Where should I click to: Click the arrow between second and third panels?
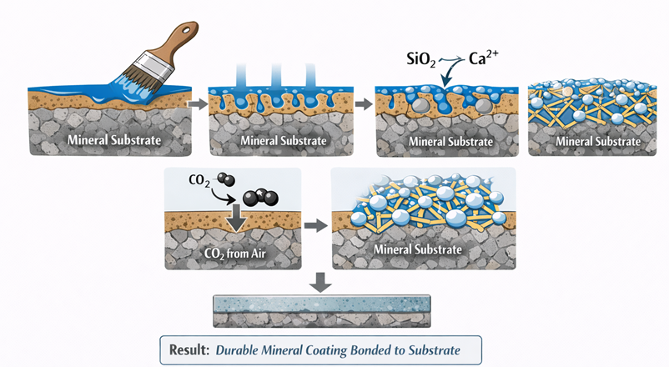click(x=365, y=104)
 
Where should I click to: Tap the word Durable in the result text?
click(x=235, y=349)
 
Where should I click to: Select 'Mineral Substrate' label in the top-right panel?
click(x=598, y=141)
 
